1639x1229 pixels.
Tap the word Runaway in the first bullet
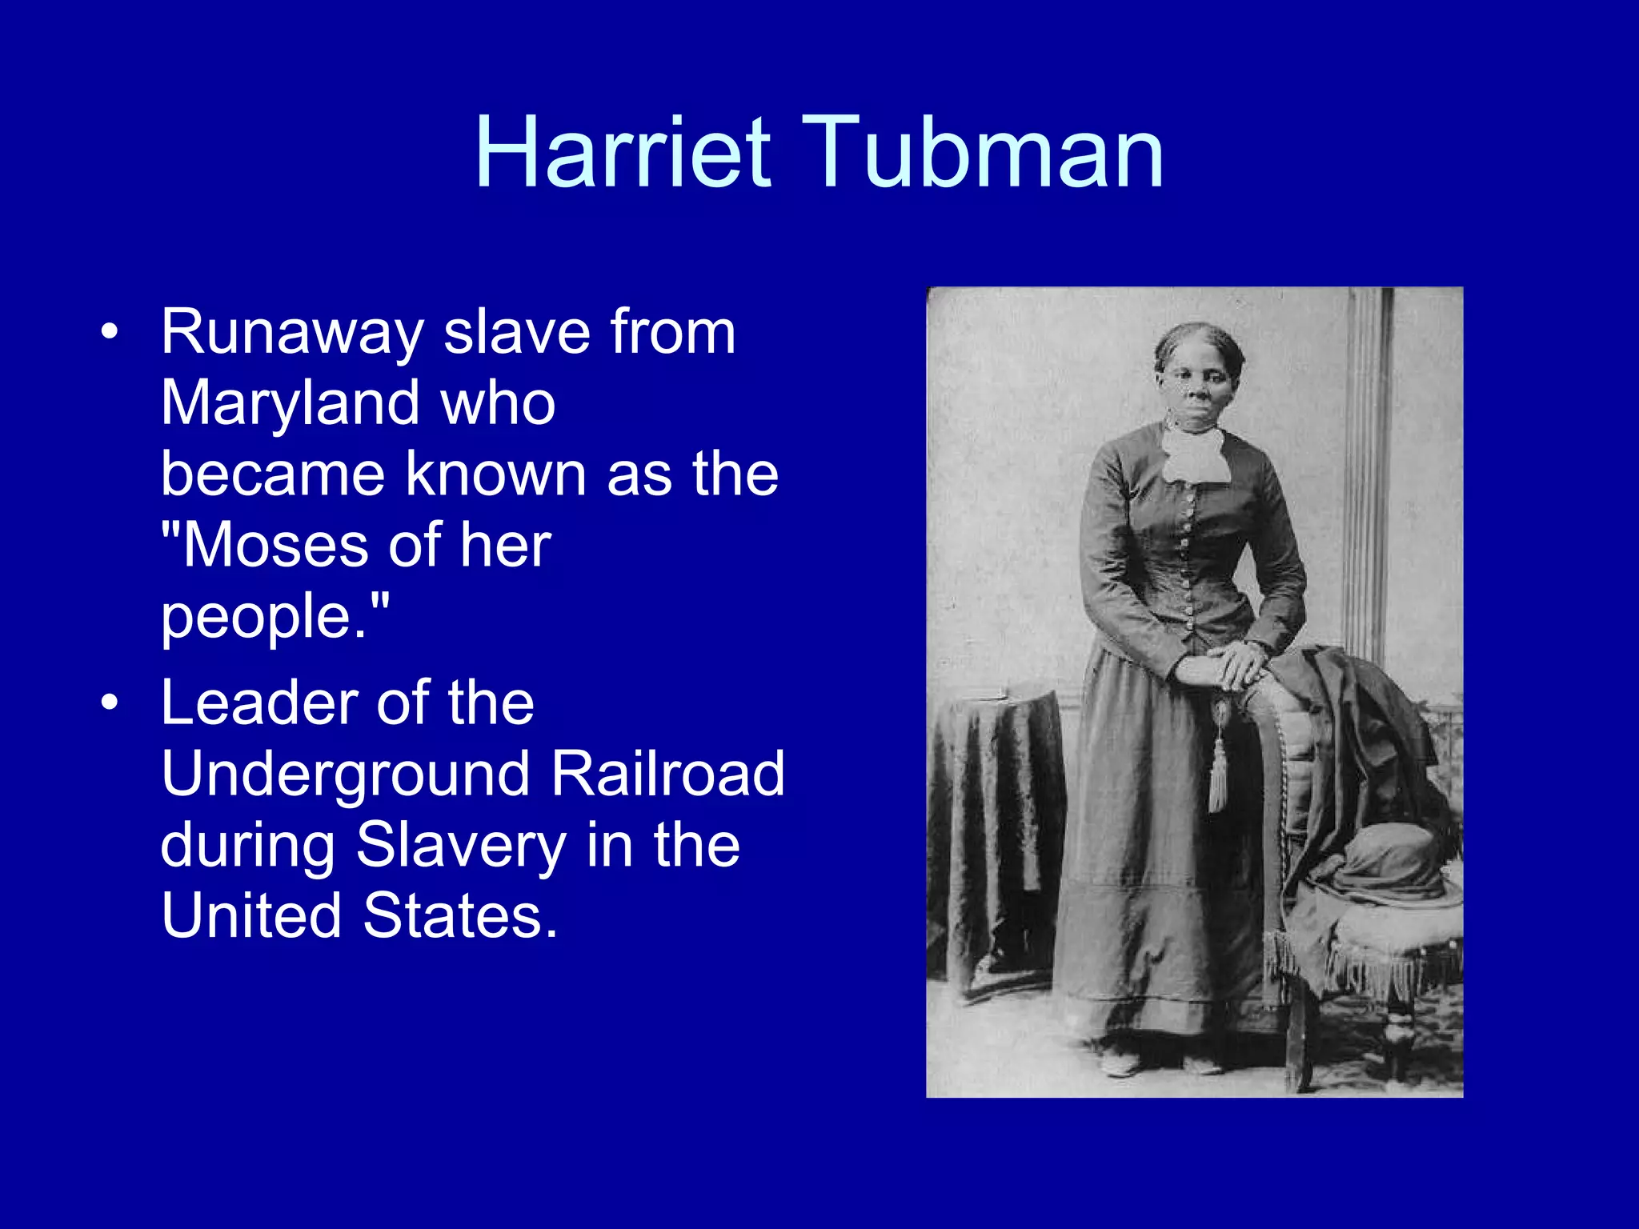click(x=292, y=332)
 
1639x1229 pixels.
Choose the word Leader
click(x=258, y=703)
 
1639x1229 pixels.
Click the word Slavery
click(x=460, y=845)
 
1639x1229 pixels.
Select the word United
click(x=251, y=915)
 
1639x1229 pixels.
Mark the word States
click(x=460, y=915)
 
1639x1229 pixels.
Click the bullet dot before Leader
click(x=110, y=703)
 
